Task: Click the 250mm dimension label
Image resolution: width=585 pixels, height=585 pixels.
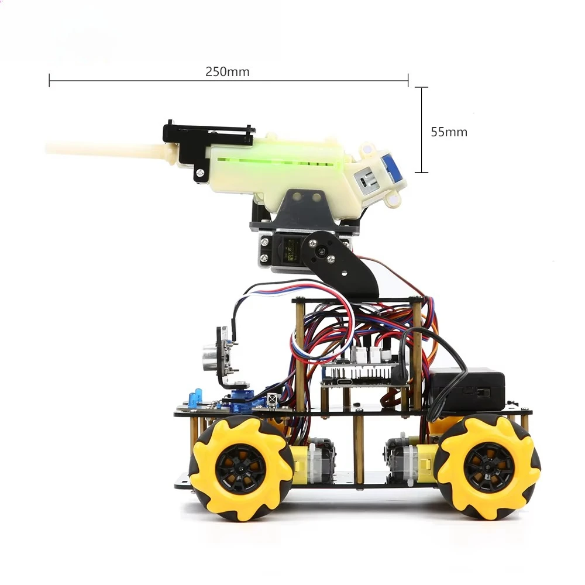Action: [227, 71]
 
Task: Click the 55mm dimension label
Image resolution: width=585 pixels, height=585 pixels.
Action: [449, 132]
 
